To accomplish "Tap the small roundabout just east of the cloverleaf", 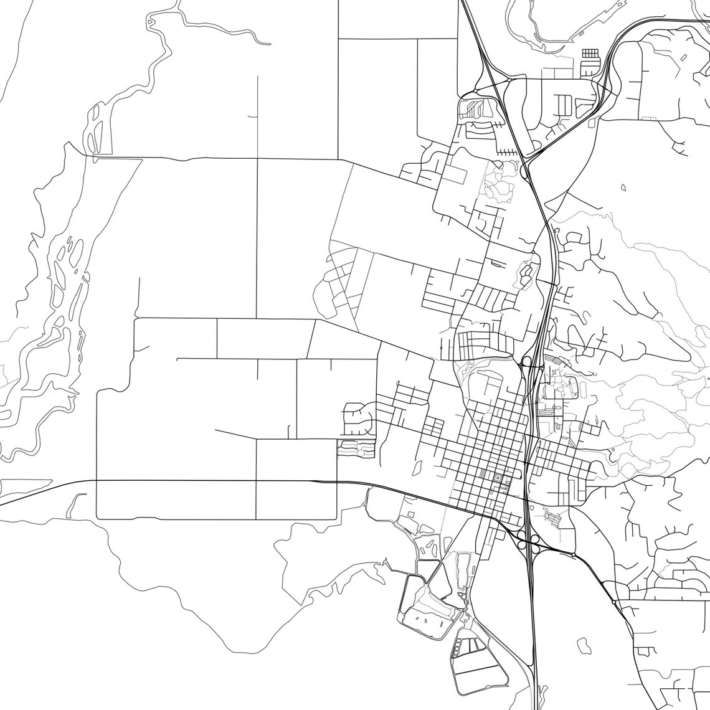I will point(572,554).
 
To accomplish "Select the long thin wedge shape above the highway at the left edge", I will point(25,484).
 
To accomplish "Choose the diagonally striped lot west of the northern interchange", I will point(475,109).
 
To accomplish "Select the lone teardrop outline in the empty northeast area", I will point(623,187).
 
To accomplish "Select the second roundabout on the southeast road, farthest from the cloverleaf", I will point(614,602).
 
